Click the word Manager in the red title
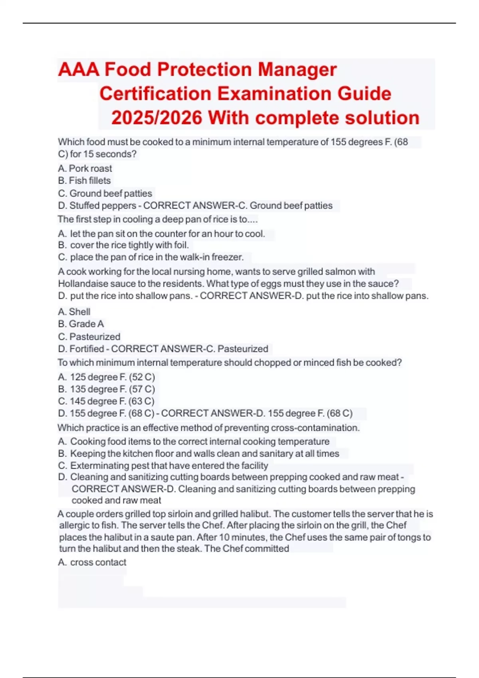pos(297,70)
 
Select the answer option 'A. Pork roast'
pos(85,168)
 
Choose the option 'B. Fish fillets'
pos(84,181)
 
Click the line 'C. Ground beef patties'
pos(105,193)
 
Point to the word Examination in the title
pos(275,94)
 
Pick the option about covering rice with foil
pos(123,245)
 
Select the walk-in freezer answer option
pos(150,257)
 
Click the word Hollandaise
pos(81,284)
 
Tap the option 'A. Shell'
pos(74,311)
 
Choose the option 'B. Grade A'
pos(81,324)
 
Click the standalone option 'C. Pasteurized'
pos(89,337)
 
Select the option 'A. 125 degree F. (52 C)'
pos(106,377)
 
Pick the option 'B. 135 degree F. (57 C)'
pos(106,389)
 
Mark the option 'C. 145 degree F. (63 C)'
pos(106,401)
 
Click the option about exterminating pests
pos(163,465)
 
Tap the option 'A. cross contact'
pos(92,562)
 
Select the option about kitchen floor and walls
pos(198,453)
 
